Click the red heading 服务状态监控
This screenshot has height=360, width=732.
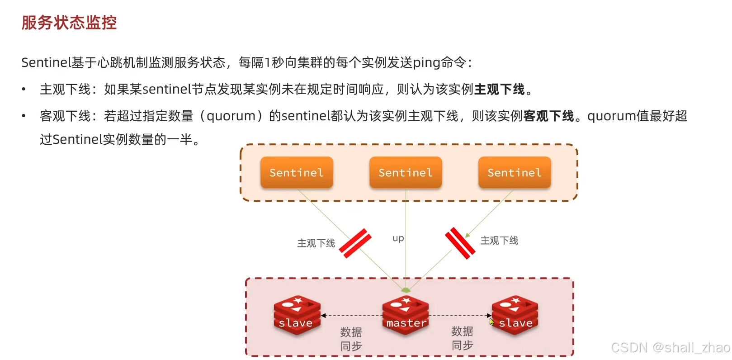(x=69, y=23)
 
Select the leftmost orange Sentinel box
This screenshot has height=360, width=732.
(x=297, y=172)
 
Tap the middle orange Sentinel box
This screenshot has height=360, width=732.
(x=406, y=172)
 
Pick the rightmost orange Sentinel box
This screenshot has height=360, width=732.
(x=515, y=172)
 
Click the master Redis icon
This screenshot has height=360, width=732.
(x=406, y=315)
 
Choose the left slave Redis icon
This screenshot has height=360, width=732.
(x=297, y=315)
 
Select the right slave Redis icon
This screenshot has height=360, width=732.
(x=515, y=315)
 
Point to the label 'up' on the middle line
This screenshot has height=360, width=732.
(x=398, y=238)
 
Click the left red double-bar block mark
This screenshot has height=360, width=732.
(x=355, y=243)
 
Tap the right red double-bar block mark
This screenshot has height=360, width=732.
(x=460, y=243)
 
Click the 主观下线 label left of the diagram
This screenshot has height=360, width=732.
(x=316, y=243)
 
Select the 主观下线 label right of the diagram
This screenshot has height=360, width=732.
(x=499, y=241)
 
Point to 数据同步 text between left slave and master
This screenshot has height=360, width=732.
(x=351, y=339)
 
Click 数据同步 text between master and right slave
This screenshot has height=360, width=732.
(x=463, y=338)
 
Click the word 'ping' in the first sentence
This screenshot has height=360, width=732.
(x=426, y=62)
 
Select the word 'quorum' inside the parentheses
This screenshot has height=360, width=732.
(x=231, y=116)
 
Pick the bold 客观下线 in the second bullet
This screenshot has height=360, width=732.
(x=548, y=116)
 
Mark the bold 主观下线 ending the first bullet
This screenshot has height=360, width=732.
(x=499, y=90)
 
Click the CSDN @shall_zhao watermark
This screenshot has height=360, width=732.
(x=670, y=347)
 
